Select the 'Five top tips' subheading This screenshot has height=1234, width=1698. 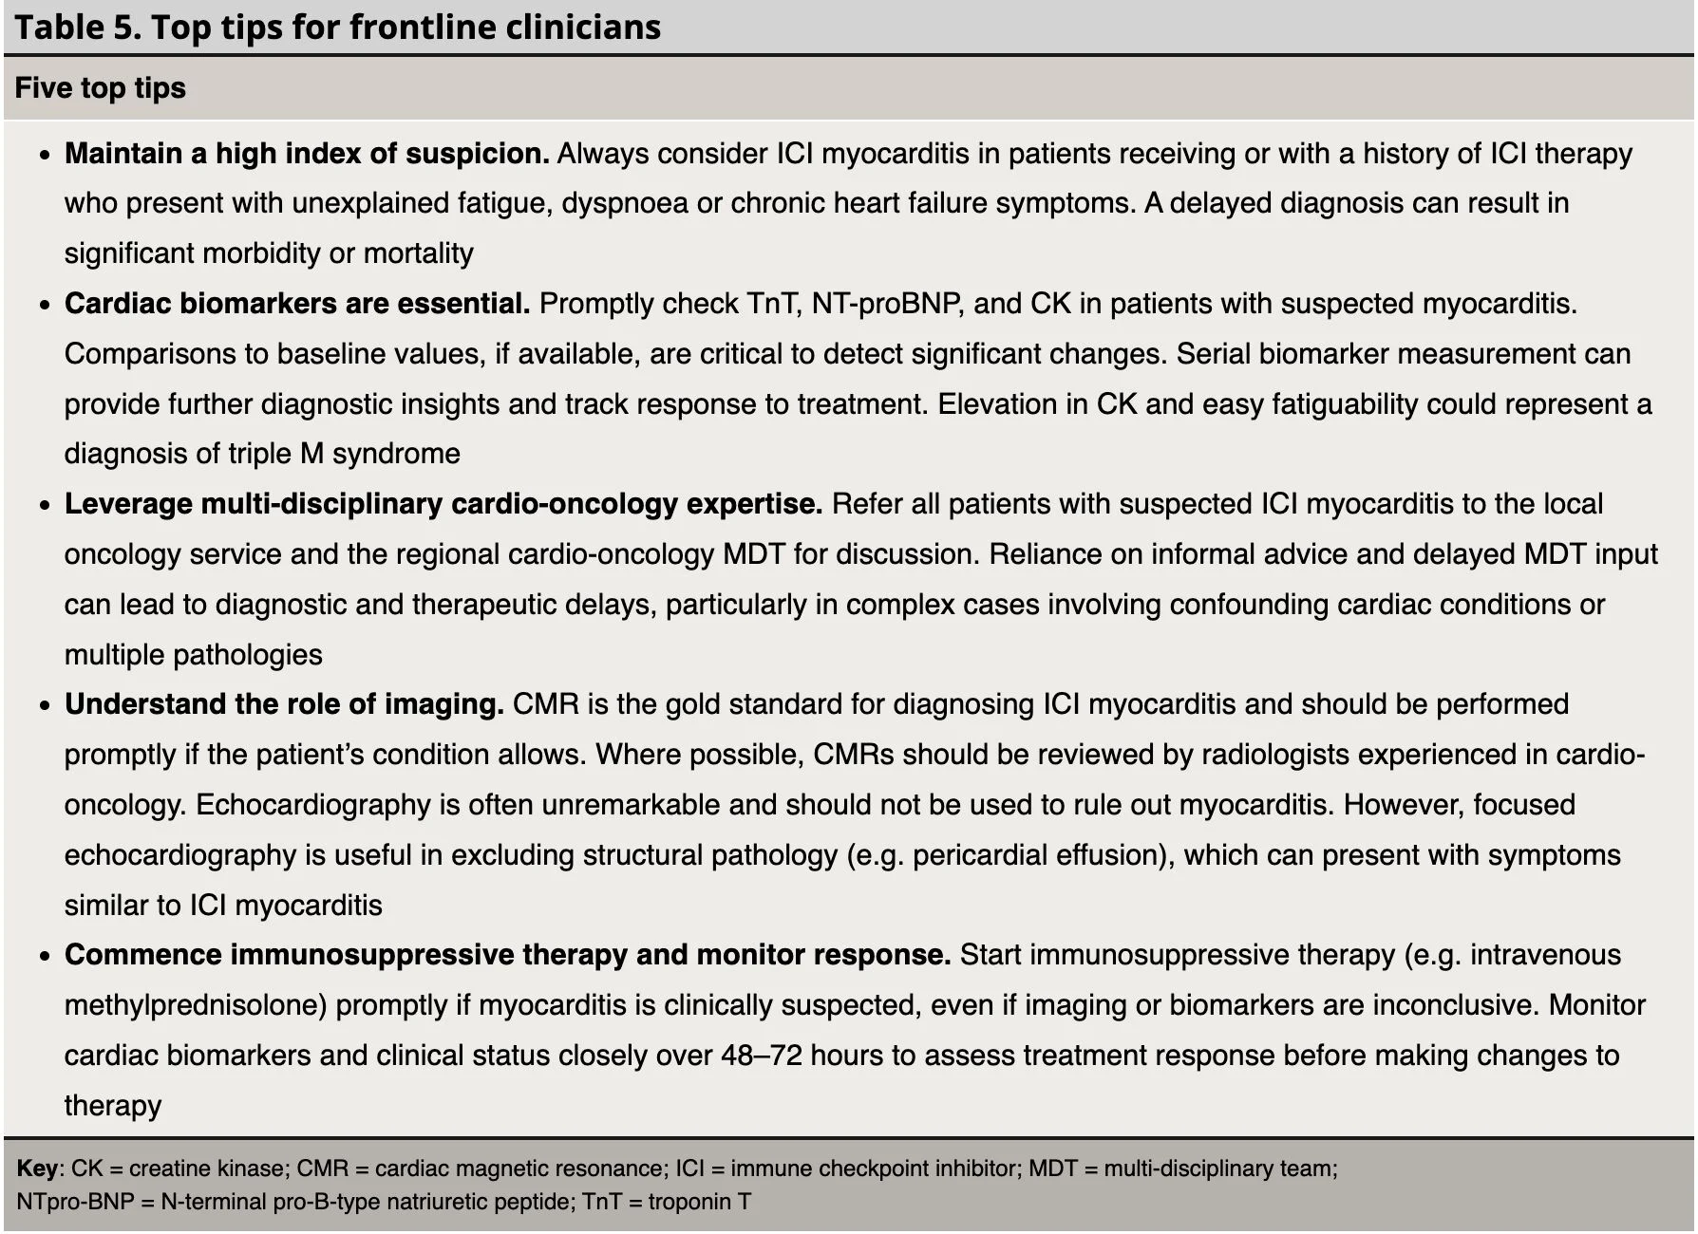101,88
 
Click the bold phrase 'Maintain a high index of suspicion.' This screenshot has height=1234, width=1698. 307,154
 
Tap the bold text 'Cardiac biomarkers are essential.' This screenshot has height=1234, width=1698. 297,304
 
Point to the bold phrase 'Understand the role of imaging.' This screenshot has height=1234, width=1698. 284,704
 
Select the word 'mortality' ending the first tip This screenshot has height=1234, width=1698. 418,253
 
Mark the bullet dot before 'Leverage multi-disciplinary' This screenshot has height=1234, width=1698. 44,505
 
